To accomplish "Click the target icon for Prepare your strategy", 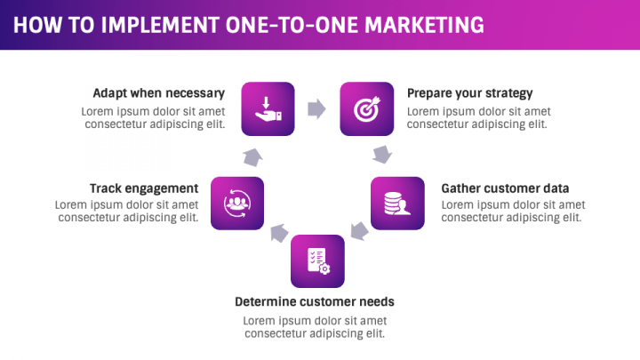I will point(366,108).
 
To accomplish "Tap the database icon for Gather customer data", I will point(396,204).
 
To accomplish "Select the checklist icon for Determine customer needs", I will point(317,260).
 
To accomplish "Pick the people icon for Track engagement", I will point(237,204).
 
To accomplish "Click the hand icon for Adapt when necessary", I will point(268,108).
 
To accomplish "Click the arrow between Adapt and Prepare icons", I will point(316,108).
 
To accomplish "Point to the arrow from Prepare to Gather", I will point(382,155).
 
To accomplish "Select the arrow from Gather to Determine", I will point(358,232).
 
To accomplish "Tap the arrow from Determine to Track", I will point(279,233).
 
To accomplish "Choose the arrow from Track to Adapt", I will point(252,156).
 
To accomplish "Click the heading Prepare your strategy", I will point(469,92).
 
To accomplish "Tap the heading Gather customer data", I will point(505,188).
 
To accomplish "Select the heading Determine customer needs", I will point(314,301).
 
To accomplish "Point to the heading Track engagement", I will point(143,188).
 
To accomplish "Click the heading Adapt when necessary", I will point(158,92).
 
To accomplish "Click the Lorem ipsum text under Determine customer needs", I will point(315,327).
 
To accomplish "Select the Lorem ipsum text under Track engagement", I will point(126,211).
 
